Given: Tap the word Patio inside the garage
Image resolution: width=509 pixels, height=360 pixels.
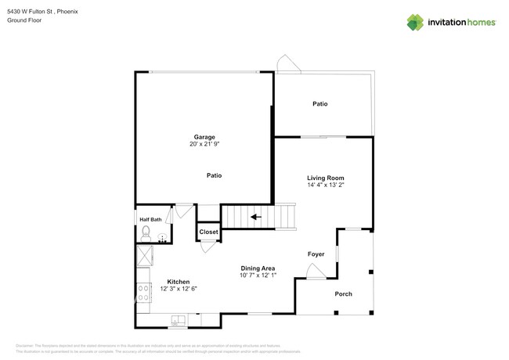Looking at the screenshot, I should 214,175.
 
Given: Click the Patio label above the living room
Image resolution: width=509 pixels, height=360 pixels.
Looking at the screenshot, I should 319,103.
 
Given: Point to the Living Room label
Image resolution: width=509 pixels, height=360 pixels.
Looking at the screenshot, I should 325,178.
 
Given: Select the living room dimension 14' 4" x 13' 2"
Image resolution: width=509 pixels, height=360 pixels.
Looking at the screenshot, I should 325,185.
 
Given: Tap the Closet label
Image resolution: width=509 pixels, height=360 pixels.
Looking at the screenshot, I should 208,232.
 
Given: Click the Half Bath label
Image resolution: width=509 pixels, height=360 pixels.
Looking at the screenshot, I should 150,219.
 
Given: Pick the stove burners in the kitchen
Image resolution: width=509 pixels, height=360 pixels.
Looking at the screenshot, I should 143,293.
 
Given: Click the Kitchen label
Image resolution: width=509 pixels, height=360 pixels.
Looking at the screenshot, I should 179,282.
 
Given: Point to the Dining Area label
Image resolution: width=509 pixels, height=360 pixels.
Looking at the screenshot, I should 258,268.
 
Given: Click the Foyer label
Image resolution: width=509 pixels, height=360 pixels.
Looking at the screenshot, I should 316,254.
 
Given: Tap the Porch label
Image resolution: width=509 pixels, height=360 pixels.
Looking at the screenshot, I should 344,293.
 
